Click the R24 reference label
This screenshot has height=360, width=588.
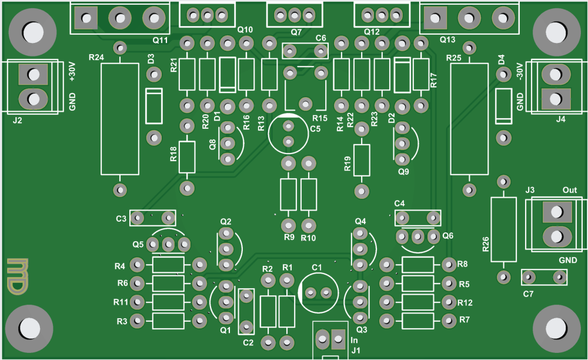96,57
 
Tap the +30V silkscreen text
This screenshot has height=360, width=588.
73,72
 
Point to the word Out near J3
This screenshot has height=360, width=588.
570,190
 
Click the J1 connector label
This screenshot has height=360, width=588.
355,351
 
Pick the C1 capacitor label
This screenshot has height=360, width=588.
317,267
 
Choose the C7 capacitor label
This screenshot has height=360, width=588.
528,293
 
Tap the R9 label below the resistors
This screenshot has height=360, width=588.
289,238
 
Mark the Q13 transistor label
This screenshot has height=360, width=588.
447,40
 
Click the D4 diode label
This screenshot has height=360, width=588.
501,59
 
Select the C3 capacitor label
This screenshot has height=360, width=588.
121,219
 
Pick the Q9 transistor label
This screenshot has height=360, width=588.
403,172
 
